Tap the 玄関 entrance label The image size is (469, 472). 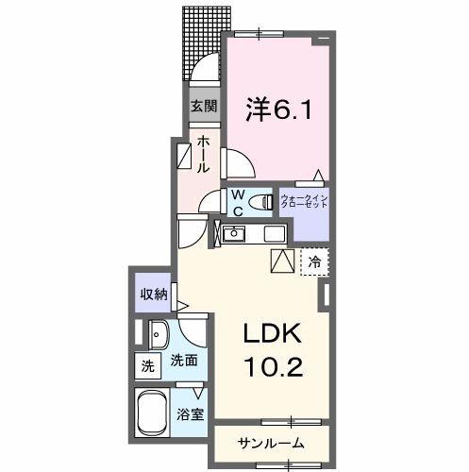pyautogui.click(x=203, y=106)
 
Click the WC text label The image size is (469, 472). pyautogui.click(x=240, y=201)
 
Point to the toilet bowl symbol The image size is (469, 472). pyautogui.click(x=260, y=200)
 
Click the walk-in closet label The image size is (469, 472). pyautogui.click(x=304, y=201)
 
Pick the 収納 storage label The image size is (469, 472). pyautogui.click(x=154, y=295)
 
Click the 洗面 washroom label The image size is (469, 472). pyautogui.click(x=183, y=360)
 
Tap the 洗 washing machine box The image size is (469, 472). pyautogui.click(x=146, y=365)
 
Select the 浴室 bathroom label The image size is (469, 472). pyautogui.click(x=191, y=414)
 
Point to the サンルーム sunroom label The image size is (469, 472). pyautogui.click(x=271, y=441)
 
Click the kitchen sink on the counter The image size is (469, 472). pyautogui.click(x=235, y=234)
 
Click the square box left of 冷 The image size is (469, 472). pyautogui.click(x=282, y=261)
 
